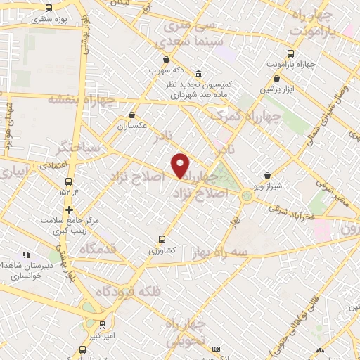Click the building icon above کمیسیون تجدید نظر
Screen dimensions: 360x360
[199, 74]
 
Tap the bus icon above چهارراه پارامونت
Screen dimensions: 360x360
[291, 53]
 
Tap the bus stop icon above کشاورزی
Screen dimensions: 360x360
[163, 238]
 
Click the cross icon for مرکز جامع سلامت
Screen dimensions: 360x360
[69, 210]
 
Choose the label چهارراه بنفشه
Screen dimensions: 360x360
[77, 99]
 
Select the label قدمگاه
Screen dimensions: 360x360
[85, 250]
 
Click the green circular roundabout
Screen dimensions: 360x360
[247, 196]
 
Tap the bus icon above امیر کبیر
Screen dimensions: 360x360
[103, 324]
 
